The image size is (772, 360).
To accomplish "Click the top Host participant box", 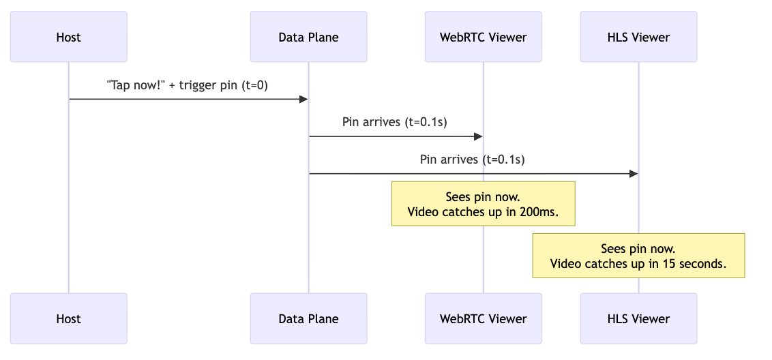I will (x=68, y=37).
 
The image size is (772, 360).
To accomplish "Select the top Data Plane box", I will (x=308, y=37).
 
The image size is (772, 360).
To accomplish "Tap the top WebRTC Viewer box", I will (x=483, y=37).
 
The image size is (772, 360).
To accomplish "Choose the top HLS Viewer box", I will (x=638, y=37).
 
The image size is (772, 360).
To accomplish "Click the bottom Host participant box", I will (x=68, y=318).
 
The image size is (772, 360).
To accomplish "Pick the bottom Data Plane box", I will (x=308, y=318).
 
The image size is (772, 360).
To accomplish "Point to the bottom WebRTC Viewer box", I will (x=483, y=318).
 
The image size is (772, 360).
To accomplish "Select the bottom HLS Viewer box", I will (x=638, y=318).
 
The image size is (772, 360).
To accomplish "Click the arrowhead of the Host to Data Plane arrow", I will (x=304, y=100).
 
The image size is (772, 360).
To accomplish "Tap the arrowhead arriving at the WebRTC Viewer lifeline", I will (x=479, y=136).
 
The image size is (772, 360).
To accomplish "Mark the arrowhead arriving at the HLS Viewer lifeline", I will (x=634, y=174).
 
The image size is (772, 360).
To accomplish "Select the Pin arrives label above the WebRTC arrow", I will (x=395, y=122).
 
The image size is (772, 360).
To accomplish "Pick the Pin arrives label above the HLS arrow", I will (x=473, y=160).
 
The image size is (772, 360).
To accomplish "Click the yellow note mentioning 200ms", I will (x=483, y=204).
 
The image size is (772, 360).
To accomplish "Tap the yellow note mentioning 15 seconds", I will (x=638, y=256).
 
